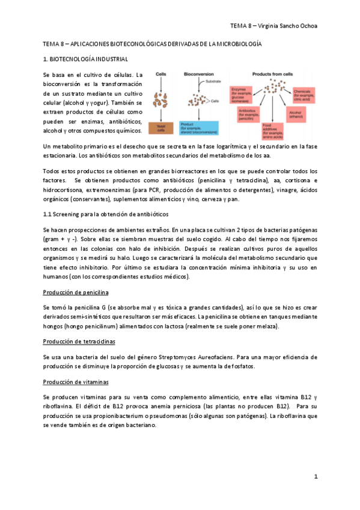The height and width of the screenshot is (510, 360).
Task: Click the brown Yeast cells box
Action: click(160, 127)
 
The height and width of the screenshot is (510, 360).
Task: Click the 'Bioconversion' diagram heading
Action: click(198, 73)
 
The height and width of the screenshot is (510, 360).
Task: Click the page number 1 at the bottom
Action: click(315, 476)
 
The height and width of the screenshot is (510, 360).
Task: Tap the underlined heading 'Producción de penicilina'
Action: click(75, 292)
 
